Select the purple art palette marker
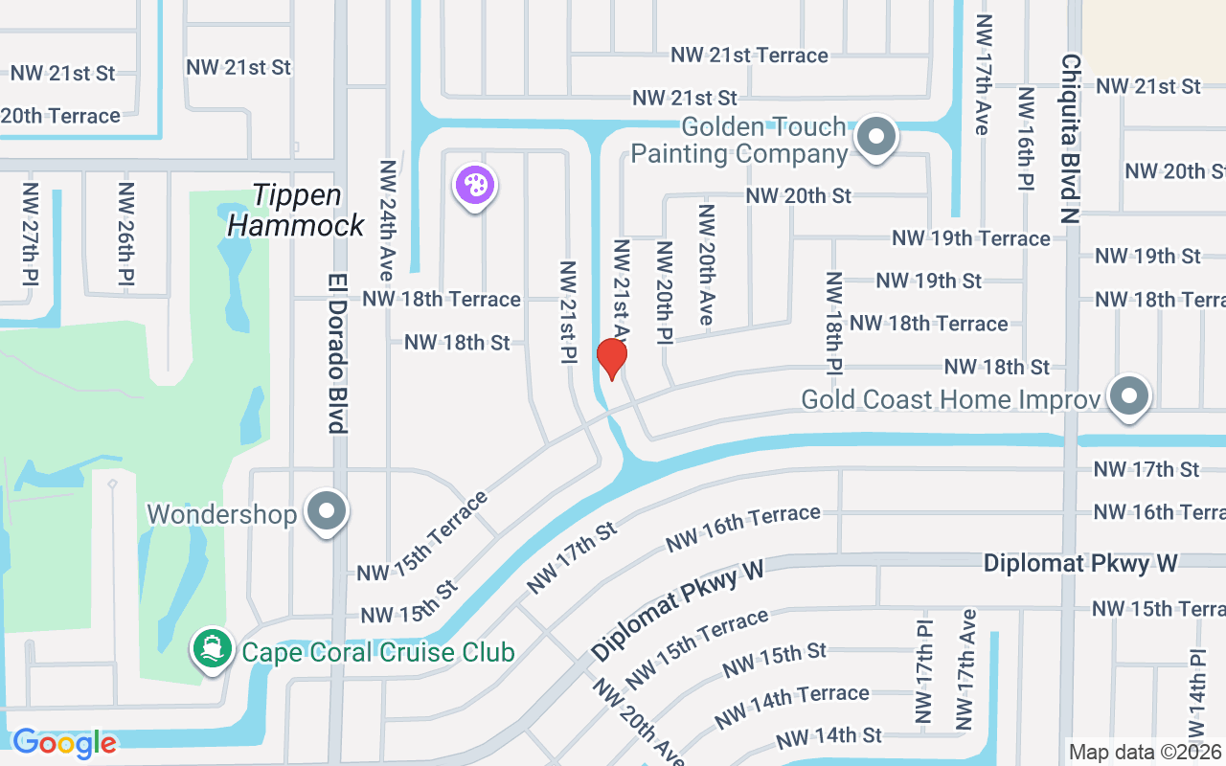(474, 186)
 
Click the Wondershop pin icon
(327, 512)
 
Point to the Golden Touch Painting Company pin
(875, 137)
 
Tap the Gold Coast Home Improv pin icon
(1129, 395)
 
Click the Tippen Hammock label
(297, 210)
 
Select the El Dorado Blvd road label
(336, 354)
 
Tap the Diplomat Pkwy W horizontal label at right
(1079, 563)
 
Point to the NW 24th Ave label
(387, 220)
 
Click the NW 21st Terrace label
(749, 55)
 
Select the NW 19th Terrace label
(970, 237)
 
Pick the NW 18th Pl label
(833, 322)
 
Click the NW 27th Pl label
(31, 234)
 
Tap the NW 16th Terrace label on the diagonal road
(742, 529)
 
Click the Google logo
(64, 742)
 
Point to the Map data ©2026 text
(1145, 753)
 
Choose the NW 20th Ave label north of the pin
(707, 264)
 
